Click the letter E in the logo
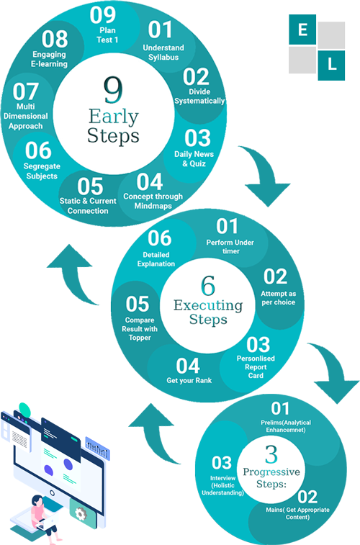[x=302, y=30]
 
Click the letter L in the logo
[x=332, y=64]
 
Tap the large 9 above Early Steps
[x=113, y=90]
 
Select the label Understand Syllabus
[x=163, y=53]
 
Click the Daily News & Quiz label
[x=194, y=158]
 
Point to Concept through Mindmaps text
[x=153, y=201]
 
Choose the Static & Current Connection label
[x=88, y=206]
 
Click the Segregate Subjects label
[x=42, y=171]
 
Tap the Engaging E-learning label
[x=49, y=59]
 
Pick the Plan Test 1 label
[x=107, y=35]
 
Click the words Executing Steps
[x=208, y=312]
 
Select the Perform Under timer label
[x=230, y=246]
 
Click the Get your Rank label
[x=189, y=380]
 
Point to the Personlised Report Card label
[x=256, y=366]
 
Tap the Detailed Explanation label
[x=156, y=259]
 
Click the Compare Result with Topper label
[x=140, y=329]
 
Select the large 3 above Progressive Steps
[x=271, y=454]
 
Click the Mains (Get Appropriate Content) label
[x=297, y=513]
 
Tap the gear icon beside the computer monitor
[x=80, y=514]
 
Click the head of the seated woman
[x=37, y=501]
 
